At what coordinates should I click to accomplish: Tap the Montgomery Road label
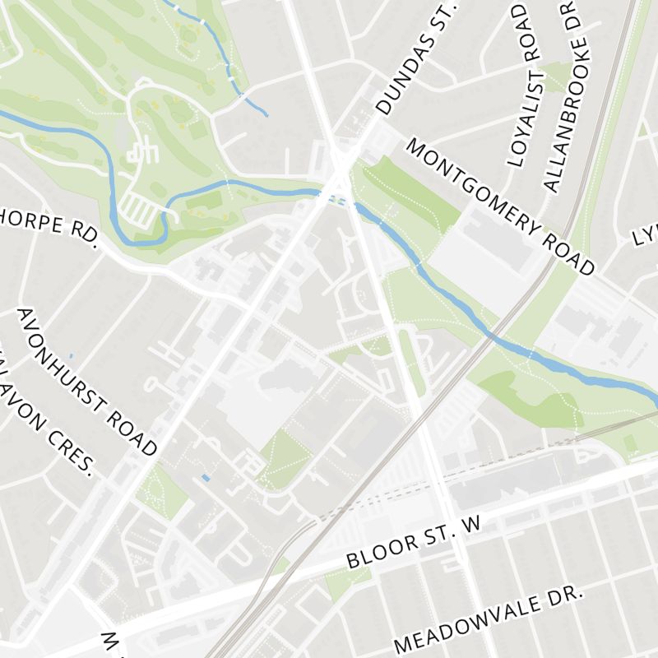click(499, 206)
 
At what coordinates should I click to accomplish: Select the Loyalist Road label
click(526, 86)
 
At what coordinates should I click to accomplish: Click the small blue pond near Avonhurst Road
click(71, 356)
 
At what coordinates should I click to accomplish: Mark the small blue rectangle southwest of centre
click(205, 477)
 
